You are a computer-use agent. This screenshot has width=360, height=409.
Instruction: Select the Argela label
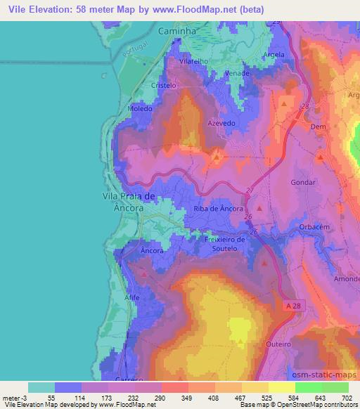pos(272,55)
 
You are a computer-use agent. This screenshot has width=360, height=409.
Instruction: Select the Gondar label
pos(304,181)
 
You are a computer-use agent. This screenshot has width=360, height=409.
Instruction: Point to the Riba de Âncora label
pos(218,209)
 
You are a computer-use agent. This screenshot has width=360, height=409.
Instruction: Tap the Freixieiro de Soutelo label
pos(225,243)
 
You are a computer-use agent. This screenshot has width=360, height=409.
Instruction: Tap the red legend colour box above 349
pos(174,387)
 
